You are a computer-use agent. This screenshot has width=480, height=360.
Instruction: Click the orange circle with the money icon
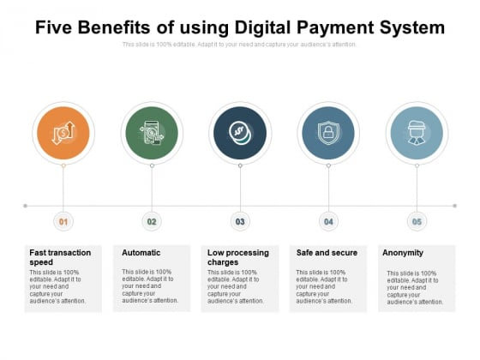63,133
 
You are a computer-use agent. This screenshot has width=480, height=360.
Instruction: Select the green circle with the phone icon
152,133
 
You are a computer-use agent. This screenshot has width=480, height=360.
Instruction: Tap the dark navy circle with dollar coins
240,133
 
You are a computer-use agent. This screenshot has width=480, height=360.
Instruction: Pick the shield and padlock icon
328,133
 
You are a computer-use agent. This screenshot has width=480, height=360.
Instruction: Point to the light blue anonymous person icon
417,132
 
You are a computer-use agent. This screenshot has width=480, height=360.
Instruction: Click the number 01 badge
63,221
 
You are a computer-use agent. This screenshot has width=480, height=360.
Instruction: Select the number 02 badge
152,221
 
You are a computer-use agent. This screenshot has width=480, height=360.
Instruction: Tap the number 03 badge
240,221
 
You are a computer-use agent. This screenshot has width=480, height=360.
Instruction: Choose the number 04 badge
328,221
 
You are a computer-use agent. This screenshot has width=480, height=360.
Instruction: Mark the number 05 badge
417,221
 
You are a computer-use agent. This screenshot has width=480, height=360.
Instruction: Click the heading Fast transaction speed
60,257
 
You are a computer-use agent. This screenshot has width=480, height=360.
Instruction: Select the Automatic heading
141,253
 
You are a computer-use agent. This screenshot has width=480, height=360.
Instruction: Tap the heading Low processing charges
238,257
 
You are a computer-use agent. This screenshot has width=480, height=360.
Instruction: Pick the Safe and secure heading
327,253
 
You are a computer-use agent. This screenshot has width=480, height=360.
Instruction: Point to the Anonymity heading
403,253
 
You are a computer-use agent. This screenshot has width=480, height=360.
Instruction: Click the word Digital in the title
262,27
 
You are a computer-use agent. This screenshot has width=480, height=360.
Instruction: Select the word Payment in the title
335,27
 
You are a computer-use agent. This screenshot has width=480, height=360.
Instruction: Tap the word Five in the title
53,27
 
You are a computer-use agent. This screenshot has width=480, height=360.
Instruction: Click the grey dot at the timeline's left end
26,206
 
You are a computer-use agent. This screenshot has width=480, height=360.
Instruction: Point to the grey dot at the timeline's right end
455,206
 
